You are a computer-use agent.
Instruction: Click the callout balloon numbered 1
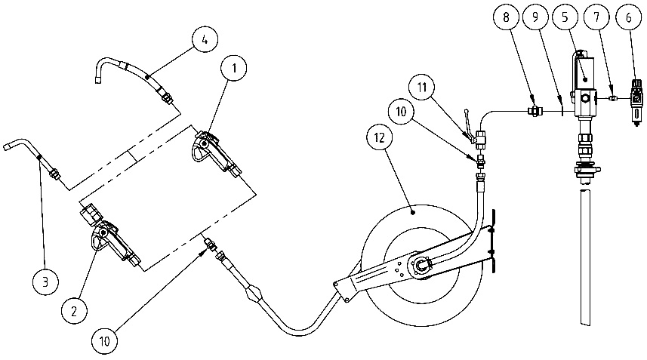point(234,68)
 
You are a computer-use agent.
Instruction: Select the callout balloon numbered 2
point(74,311)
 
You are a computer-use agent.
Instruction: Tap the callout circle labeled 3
point(45,282)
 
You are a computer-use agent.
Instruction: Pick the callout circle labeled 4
point(205,39)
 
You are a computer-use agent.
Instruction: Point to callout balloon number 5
point(565,17)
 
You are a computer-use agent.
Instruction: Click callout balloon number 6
point(628,17)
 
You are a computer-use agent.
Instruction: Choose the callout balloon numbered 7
point(596,17)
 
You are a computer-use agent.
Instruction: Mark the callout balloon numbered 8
point(506,17)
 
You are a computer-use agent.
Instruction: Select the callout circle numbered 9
point(535,17)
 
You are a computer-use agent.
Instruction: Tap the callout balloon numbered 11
point(421,88)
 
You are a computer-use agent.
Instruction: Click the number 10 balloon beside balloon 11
point(401,112)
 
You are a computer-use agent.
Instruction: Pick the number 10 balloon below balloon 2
point(105,341)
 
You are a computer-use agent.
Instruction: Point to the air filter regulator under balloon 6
point(636,101)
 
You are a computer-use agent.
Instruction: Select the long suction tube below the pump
point(585,256)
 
